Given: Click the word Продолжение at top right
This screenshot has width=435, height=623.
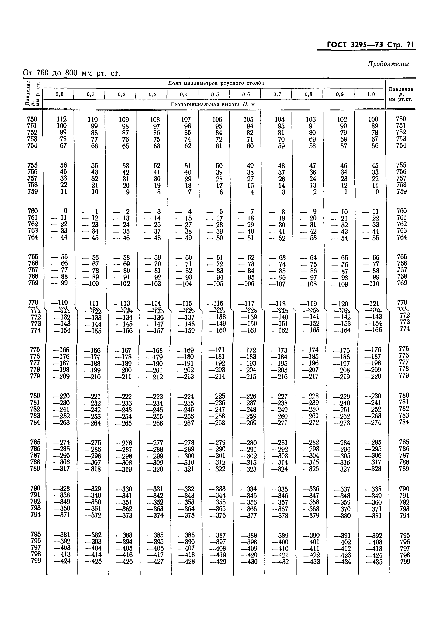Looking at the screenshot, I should point(388,64).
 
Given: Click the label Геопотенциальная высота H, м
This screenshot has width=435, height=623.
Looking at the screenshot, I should point(213,105).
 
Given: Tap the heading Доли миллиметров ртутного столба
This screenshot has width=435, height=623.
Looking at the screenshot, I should point(216,83).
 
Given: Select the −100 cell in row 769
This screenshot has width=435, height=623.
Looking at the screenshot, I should point(91,284).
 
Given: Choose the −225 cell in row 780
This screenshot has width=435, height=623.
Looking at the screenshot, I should point(217,396).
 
